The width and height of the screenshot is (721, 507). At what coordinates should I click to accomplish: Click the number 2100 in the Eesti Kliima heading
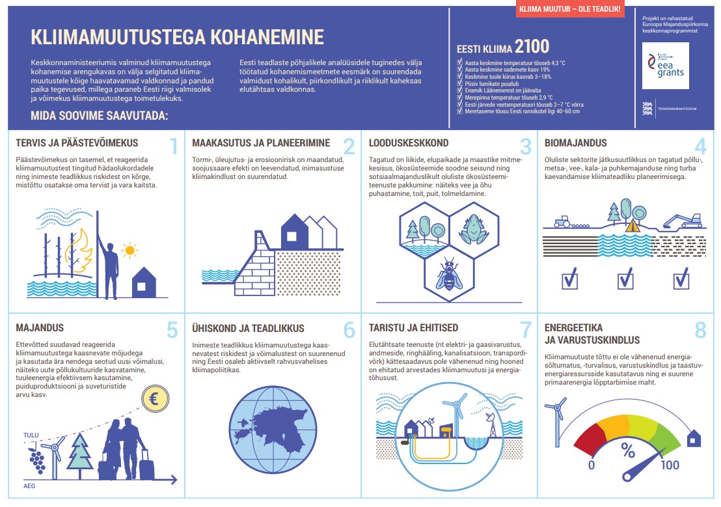tap(532, 46)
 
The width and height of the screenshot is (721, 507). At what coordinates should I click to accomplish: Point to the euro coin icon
tap(155, 400)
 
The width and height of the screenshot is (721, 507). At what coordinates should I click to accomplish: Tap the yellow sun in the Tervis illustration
tap(131, 249)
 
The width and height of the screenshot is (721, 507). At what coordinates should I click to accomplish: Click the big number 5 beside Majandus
tap(172, 330)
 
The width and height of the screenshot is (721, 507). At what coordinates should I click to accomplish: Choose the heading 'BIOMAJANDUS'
tap(575, 143)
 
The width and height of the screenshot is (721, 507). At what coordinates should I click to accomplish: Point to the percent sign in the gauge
tap(628, 450)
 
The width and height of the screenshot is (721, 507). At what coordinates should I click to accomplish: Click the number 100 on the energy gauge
tap(670, 465)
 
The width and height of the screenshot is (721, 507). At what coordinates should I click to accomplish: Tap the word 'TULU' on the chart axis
tap(31, 435)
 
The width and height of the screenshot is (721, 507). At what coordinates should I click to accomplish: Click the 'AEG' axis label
tap(29, 486)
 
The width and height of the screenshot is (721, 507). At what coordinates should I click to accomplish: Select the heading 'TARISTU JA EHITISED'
tap(413, 327)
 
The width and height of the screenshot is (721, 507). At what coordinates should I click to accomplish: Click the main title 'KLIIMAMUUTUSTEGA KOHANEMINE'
tap(177, 36)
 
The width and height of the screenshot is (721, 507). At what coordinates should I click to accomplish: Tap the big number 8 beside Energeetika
tap(700, 330)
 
